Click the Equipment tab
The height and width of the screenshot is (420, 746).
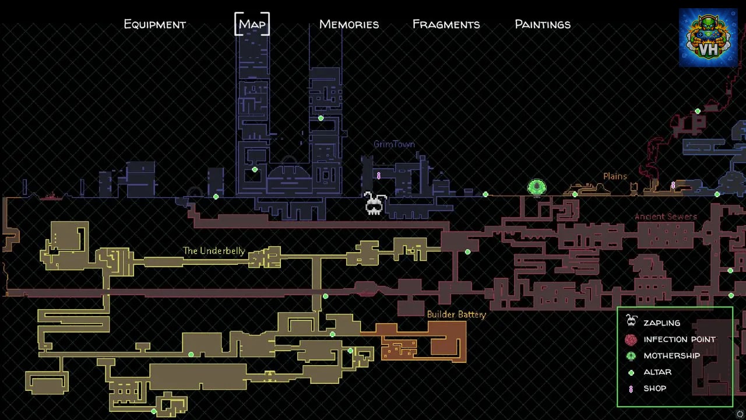pyautogui.click(x=155, y=24)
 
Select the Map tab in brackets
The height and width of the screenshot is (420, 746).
pyautogui.click(x=252, y=24)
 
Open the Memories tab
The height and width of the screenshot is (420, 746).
pyautogui.click(x=349, y=24)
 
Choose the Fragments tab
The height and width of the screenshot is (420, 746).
pyautogui.click(x=446, y=24)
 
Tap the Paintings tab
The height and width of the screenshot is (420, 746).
pyautogui.click(x=543, y=24)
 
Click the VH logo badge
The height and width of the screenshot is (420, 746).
pyautogui.click(x=708, y=38)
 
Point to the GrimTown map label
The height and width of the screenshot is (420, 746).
pyautogui.click(x=395, y=144)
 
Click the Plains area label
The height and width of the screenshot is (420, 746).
pyautogui.click(x=615, y=176)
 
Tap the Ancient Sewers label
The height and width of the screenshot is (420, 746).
pyautogui.click(x=666, y=216)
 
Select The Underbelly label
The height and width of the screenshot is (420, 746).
pyautogui.click(x=214, y=251)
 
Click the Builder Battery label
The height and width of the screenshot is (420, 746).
pyautogui.click(x=456, y=314)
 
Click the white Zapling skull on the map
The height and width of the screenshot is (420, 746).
pyautogui.click(x=375, y=203)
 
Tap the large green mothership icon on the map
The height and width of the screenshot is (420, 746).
pyautogui.click(x=537, y=188)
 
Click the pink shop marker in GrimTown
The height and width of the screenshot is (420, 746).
pyautogui.click(x=379, y=176)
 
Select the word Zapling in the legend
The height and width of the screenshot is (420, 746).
pyautogui.click(x=661, y=323)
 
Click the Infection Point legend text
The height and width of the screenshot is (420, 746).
pyautogui.click(x=680, y=339)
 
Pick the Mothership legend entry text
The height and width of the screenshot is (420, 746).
pyautogui.click(x=672, y=356)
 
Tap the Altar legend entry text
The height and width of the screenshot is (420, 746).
pyautogui.click(x=657, y=372)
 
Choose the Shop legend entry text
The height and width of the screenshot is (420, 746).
pyautogui.click(x=654, y=388)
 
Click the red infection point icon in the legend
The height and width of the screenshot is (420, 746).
pyautogui.click(x=631, y=339)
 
